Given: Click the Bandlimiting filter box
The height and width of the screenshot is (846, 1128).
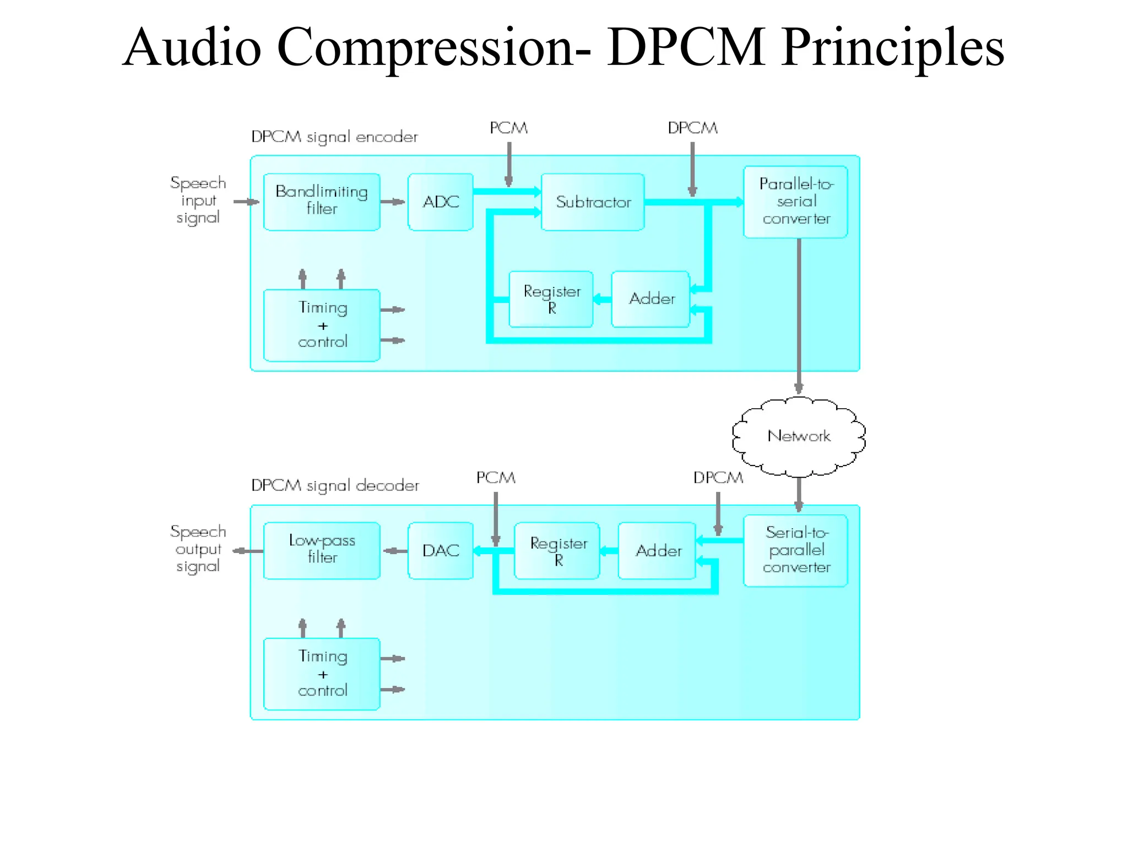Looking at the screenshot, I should click(322, 202).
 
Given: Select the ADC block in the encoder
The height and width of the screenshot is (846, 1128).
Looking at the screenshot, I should click(440, 202).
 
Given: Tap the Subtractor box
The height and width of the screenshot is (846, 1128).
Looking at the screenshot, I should click(593, 202).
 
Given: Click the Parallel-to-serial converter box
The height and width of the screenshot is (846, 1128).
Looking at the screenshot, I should click(795, 202).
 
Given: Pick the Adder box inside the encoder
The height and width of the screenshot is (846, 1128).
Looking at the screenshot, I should click(651, 299).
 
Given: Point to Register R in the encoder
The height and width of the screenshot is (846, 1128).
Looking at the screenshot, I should click(551, 299).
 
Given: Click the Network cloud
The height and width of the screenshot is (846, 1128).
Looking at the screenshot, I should click(799, 436).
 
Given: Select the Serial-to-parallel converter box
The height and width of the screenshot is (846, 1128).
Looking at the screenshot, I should click(795, 550).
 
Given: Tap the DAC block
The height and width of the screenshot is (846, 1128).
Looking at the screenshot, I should click(440, 550).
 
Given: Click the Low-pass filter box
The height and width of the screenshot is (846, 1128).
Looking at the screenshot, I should click(322, 550).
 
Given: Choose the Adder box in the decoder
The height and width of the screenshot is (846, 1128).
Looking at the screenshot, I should click(658, 550).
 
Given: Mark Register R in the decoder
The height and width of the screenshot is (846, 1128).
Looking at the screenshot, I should click(557, 550).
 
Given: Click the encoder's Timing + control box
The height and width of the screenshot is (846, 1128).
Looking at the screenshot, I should click(322, 325).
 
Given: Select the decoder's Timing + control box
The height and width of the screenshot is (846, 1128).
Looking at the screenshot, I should click(322, 674).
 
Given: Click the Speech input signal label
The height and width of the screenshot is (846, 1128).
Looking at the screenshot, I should click(198, 200).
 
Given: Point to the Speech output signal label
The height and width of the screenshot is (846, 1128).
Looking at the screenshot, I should click(198, 549).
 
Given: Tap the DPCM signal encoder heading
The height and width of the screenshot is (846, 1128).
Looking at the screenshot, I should click(334, 137).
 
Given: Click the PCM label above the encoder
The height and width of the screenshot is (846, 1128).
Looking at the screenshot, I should click(508, 128).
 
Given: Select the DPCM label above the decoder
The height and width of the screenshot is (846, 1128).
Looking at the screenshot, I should click(718, 478).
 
